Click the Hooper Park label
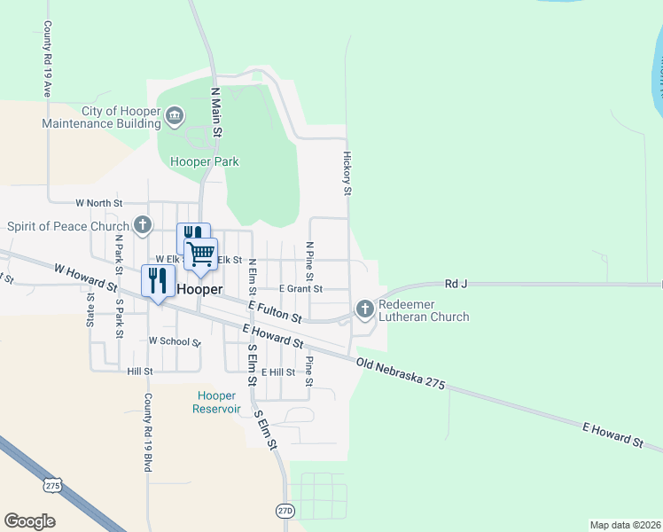coord(205,161)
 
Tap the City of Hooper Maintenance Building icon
coord(175,115)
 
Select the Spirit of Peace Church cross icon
coord(142,225)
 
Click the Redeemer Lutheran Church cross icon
coord(364,309)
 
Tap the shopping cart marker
coord(201,254)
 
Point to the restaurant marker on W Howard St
coord(158,281)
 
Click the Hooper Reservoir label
coord(216,402)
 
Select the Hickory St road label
coord(347,173)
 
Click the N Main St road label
coord(214,112)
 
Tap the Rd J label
coord(456,284)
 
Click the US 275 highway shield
coord(53,485)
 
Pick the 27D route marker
coord(285,511)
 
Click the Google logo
coord(29,521)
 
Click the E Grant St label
coord(300,288)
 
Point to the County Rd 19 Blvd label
coord(148,433)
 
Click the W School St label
coord(175,340)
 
